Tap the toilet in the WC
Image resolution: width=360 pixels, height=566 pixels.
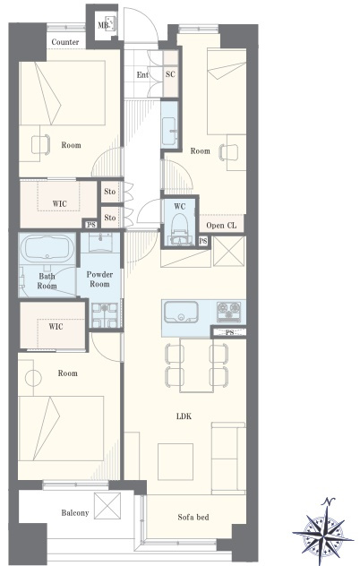(179, 229)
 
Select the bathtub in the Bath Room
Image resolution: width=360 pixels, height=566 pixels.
(47, 247)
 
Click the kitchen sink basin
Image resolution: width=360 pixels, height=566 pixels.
(181, 312)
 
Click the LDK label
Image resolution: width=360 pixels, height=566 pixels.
(184, 416)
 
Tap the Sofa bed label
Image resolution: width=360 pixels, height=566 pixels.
(193, 518)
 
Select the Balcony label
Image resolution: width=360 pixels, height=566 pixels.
(74, 512)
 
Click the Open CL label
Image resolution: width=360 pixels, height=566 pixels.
(221, 226)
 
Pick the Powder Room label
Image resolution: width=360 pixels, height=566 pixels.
(99, 279)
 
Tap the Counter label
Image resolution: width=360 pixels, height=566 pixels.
(65, 42)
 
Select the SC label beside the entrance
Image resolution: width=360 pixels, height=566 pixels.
(170, 74)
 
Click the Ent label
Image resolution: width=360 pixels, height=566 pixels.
(142, 74)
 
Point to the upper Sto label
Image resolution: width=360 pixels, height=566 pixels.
(110, 191)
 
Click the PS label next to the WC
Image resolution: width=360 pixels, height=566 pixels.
(203, 241)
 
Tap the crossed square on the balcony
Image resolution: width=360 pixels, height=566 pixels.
(107, 506)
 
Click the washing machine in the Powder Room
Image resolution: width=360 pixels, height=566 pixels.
(105, 315)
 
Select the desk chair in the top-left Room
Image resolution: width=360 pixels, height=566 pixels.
(40, 145)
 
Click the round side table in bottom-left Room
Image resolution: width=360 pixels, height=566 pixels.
(33, 378)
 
